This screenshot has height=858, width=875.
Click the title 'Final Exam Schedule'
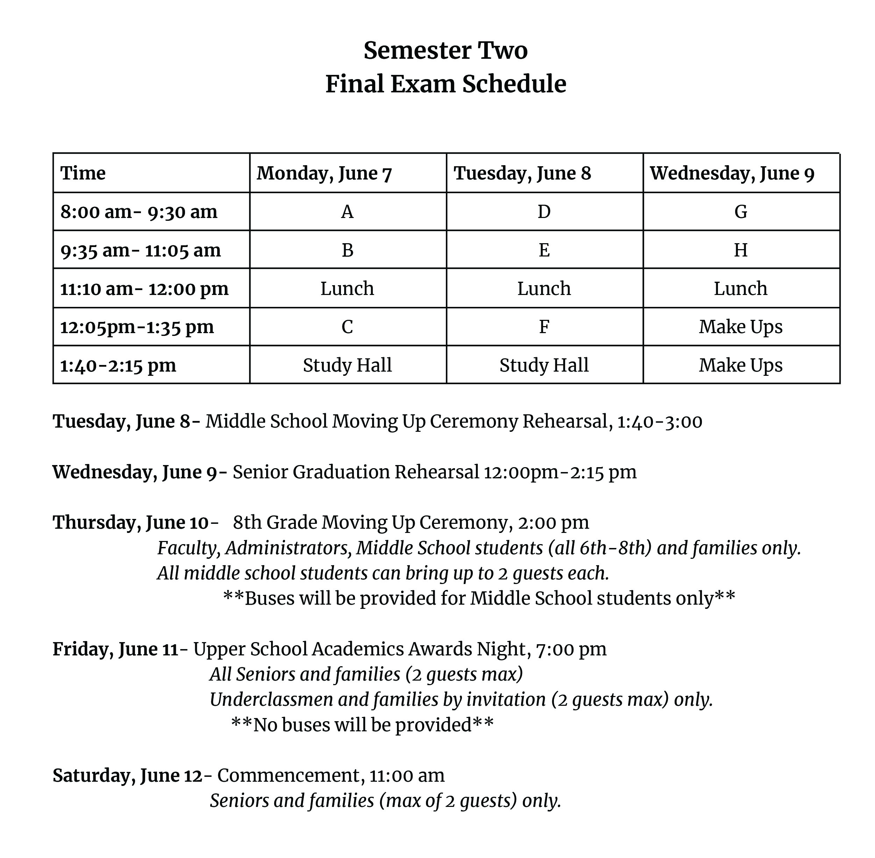pyautogui.click(x=446, y=84)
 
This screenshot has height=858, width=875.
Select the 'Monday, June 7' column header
pyautogui.click(x=324, y=174)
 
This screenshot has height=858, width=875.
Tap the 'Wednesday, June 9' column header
pyautogui.click(x=732, y=174)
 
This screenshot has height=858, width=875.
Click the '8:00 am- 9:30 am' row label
pyautogui.click(x=139, y=212)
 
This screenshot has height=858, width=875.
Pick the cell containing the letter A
pyautogui.click(x=347, y=212)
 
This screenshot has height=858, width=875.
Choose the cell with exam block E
pyautogui.click(x=544, y=250)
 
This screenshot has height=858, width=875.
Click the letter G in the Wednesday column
pyautogui.click(x=741, y=212)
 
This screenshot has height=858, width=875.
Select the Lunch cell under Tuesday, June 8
pyautogui.click(x=544, y=288)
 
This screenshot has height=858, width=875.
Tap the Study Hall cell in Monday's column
pyautogui.click(x=347, y=365)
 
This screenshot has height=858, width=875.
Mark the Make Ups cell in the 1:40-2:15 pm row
pyautogui.click(x=741, y=365)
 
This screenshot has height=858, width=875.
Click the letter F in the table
pyautogui.click(x=544, y=327)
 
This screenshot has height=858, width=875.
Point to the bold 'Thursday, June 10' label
pyautogui.click(x=130, y=522)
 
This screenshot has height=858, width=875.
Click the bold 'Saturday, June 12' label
pyautogui.click(x=127, y=775)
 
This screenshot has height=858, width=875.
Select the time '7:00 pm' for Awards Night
pyautogui.click(x=571, y=649)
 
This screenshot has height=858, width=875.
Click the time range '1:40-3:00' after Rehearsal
pyautogui.click(x=660, y=421)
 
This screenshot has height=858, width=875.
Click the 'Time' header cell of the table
pyautogui.click(x=83, y=174)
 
